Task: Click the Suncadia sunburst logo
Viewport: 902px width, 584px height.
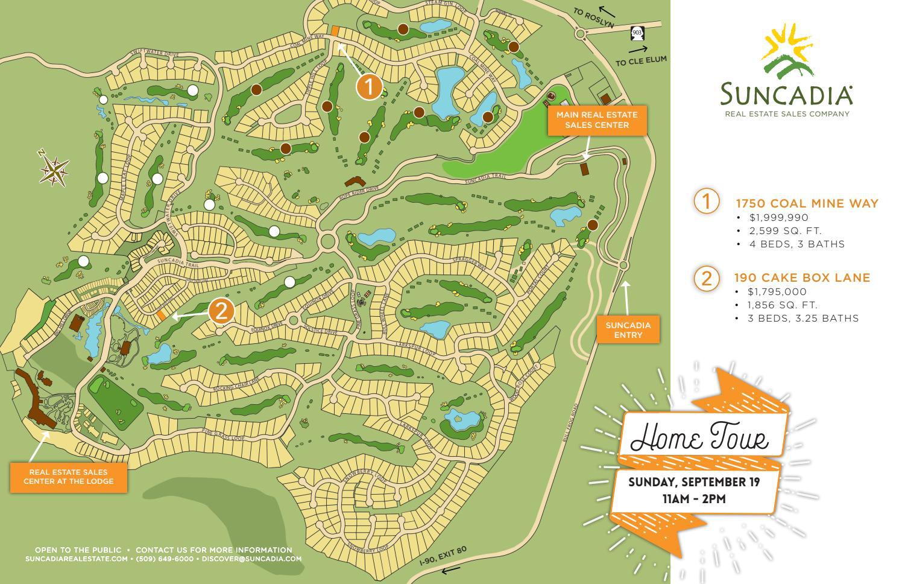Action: [x=787, y=52]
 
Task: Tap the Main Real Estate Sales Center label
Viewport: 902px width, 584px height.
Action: [x=597, y=120]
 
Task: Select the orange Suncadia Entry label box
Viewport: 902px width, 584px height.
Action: [x=628, y=329]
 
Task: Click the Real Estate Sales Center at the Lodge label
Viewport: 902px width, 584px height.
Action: [x=68, y=477]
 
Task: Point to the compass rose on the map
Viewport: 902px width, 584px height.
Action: [x=54, y=170]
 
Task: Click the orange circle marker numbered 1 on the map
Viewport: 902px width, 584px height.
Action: [x=369, y=87]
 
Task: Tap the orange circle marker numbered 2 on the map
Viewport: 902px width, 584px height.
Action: [x=221, y=311]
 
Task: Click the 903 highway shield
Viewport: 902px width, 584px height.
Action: [x=637, y=32]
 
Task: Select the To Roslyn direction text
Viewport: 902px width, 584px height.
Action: [x=593, y=19]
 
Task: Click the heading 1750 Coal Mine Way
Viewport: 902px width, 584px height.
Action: [x=807, y=203]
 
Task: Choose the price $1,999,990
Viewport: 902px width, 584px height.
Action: [x=778, y=217]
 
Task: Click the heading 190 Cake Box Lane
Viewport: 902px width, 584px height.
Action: [x=802, y=278]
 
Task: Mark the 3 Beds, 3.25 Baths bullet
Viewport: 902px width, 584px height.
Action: [x=803, y=318]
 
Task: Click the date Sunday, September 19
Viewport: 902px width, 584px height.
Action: [x=694, y=482]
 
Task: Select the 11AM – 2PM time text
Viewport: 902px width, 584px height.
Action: [x=694, y=499]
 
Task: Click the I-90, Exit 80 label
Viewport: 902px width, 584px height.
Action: [x=443, y=556]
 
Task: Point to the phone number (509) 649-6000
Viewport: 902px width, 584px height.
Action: [x=165, y=559]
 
